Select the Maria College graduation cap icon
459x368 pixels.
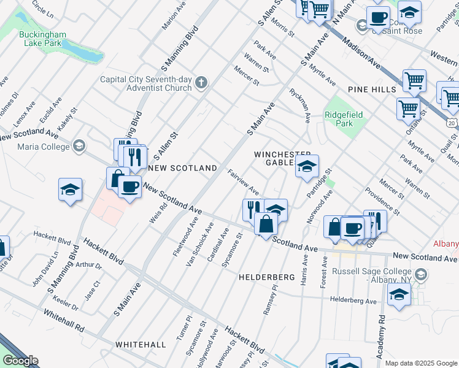tap(78, 146)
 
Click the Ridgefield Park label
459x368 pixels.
tap(344, 119)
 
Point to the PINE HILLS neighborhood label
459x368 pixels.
tap(371, 90)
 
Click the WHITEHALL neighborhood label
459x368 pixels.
tap(141, 345)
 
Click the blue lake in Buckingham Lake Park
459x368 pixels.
tap(83, 52)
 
